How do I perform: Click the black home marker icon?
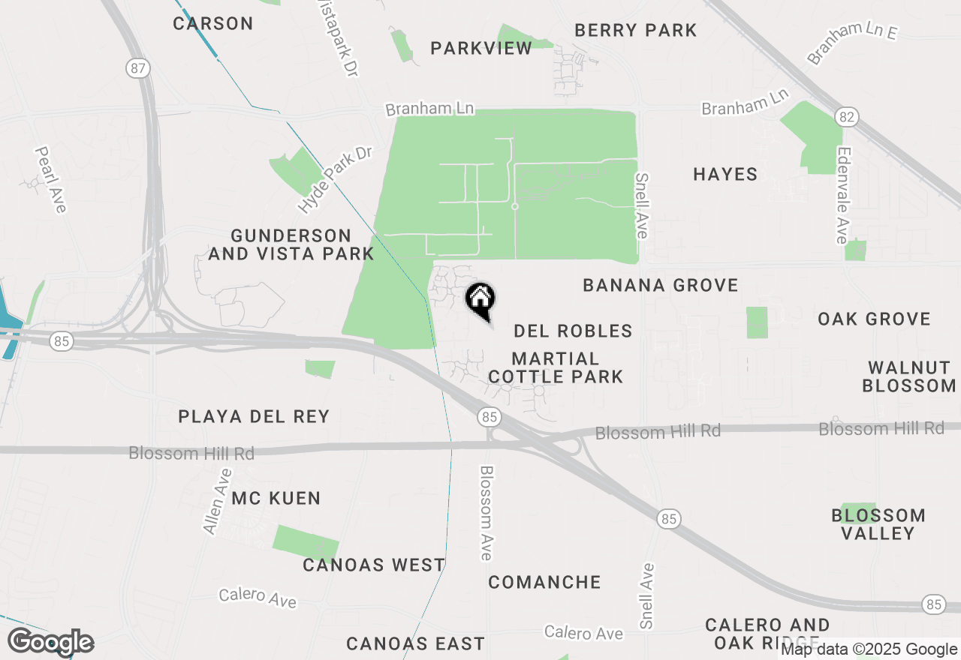[x=480, y=300]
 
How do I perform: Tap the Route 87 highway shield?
[x=137, y=68]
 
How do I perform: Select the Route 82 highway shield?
[x=846, y=117]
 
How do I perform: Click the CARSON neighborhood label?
[x=213, y=23]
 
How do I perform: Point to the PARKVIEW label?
[x=481, y=48]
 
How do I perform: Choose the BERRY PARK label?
[x=636, y=30]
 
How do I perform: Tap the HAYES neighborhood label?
[x=725, y=174]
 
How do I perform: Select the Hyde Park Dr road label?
[x=335, y=178]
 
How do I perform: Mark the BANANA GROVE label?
[x=661, y=285]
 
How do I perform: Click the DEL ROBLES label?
[x=573, y=331]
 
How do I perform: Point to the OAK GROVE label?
[x=874, y=319]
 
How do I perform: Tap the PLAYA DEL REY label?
[x=254, y=416]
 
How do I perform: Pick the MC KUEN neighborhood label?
[x=276, y=498]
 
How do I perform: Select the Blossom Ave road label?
[x=487, y=513]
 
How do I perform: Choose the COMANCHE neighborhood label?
[x=544, y=582]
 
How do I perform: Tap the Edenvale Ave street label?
[x=842, y=194]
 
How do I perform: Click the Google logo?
[x=50, y=642]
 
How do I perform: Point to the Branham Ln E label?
[x=852, y=43]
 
